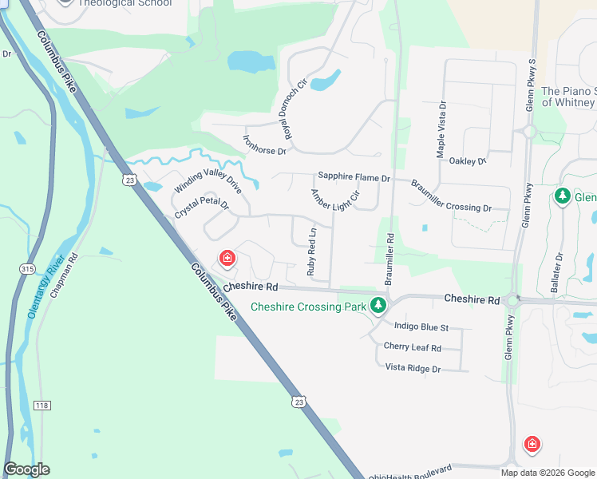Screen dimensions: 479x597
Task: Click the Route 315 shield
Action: click(x=28, y=270)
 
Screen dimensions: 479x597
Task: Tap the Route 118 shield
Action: click(x=42, y=406)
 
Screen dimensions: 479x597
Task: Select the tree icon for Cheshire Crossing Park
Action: click(x=378, y=306)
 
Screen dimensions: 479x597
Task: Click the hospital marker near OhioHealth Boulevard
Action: click(x=532, y=444)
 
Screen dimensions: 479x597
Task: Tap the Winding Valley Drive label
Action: click(x=208, y=185)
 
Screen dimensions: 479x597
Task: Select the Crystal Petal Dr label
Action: click(x=201, y=210)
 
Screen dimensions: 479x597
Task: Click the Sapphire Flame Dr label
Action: click(x=354, y=177)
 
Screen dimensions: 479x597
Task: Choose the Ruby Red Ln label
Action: click(x=312, y=252)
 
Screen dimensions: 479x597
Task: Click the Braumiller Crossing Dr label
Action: click(x=451, y=196)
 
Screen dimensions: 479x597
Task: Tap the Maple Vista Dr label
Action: click(x=440, y=129)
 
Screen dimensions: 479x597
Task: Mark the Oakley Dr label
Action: click(x=468, y=161)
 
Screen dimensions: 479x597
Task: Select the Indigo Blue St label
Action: click(x=421, y=327)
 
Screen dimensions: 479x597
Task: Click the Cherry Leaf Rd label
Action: click(x=412, y=348)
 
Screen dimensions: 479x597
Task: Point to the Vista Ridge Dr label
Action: click(x=413, y=368)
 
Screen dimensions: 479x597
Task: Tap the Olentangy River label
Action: click(x=45, y=288)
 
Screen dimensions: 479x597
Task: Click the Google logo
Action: click(x=26, y=469)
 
